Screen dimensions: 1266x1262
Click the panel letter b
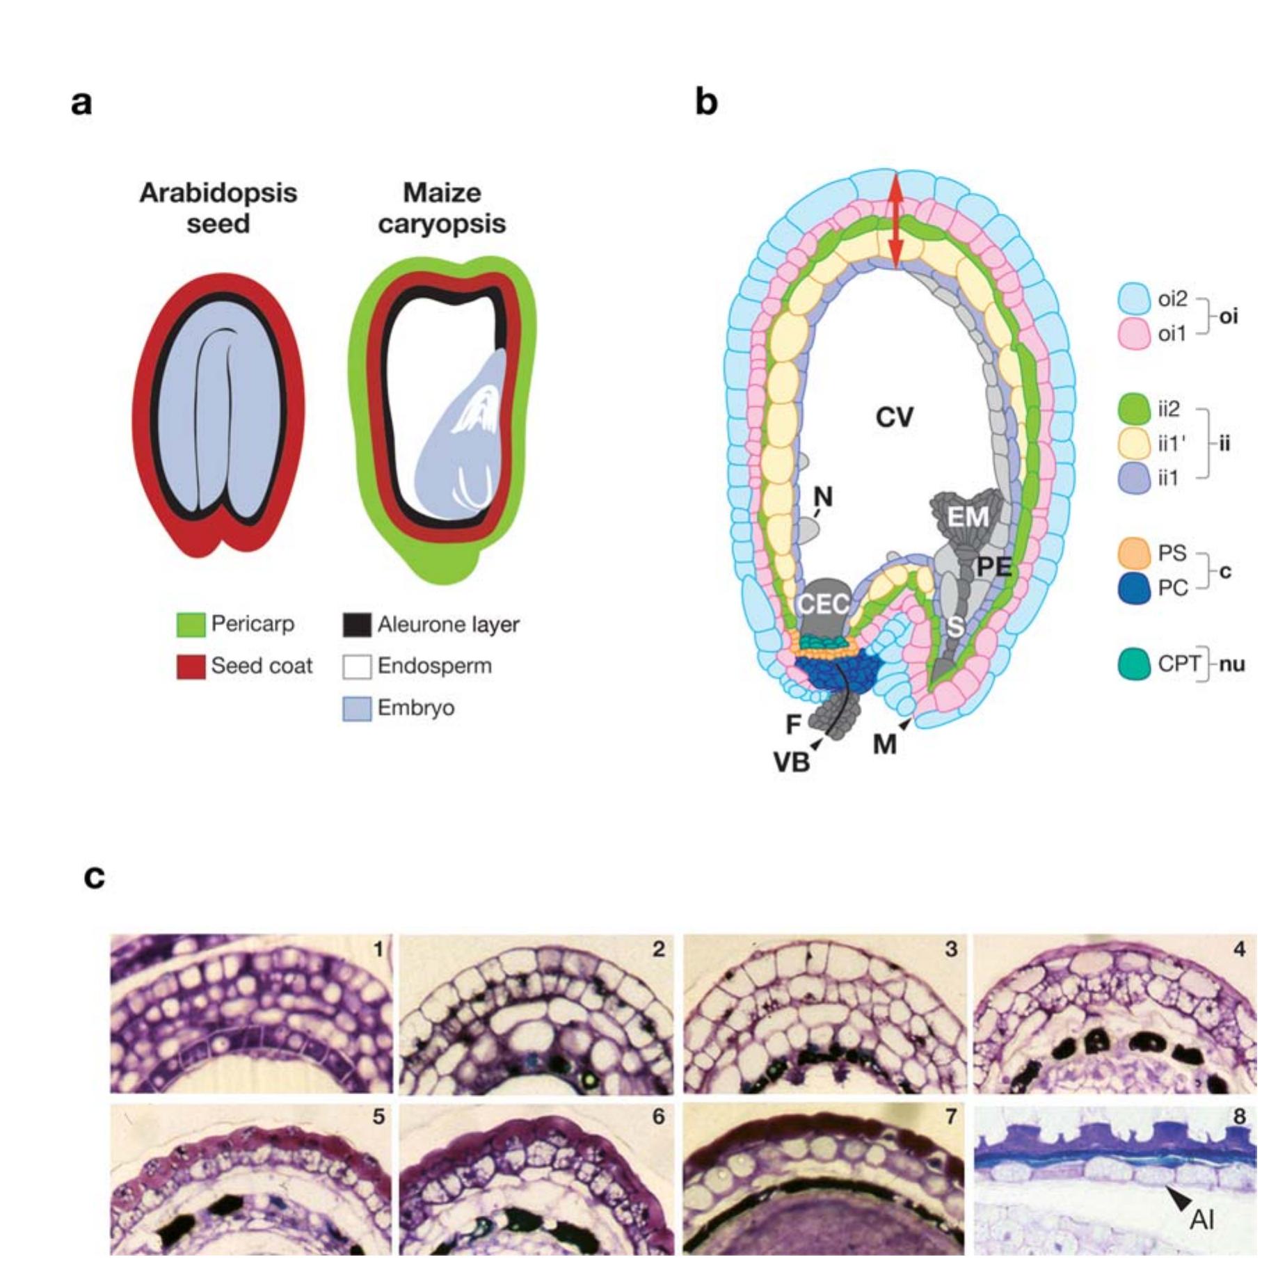pos(706,104)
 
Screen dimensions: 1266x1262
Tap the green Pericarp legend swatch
pos(191,624)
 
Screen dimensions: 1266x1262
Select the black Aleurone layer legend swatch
pos(356,625)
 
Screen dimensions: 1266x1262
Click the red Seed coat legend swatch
pos(191,666)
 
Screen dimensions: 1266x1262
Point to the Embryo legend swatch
pos(356,708)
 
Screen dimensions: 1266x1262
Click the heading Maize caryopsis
pos(442,207)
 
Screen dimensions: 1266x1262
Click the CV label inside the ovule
pos(894,417)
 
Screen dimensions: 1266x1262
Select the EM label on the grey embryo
pos(968,517)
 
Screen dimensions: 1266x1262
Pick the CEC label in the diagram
pos(823,603)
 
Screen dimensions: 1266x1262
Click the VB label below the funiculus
pos(792,763)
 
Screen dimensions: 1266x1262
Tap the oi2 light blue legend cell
pos(1133,299)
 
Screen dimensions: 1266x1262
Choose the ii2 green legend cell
pos(1133,409)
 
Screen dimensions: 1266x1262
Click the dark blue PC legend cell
pos(1133,589)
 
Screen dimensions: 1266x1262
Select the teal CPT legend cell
pos(1133,664)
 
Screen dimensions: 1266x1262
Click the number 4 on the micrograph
pos(1239,949)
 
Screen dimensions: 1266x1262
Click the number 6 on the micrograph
pos(658,1116)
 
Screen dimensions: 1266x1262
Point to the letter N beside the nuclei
pos(823,497)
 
